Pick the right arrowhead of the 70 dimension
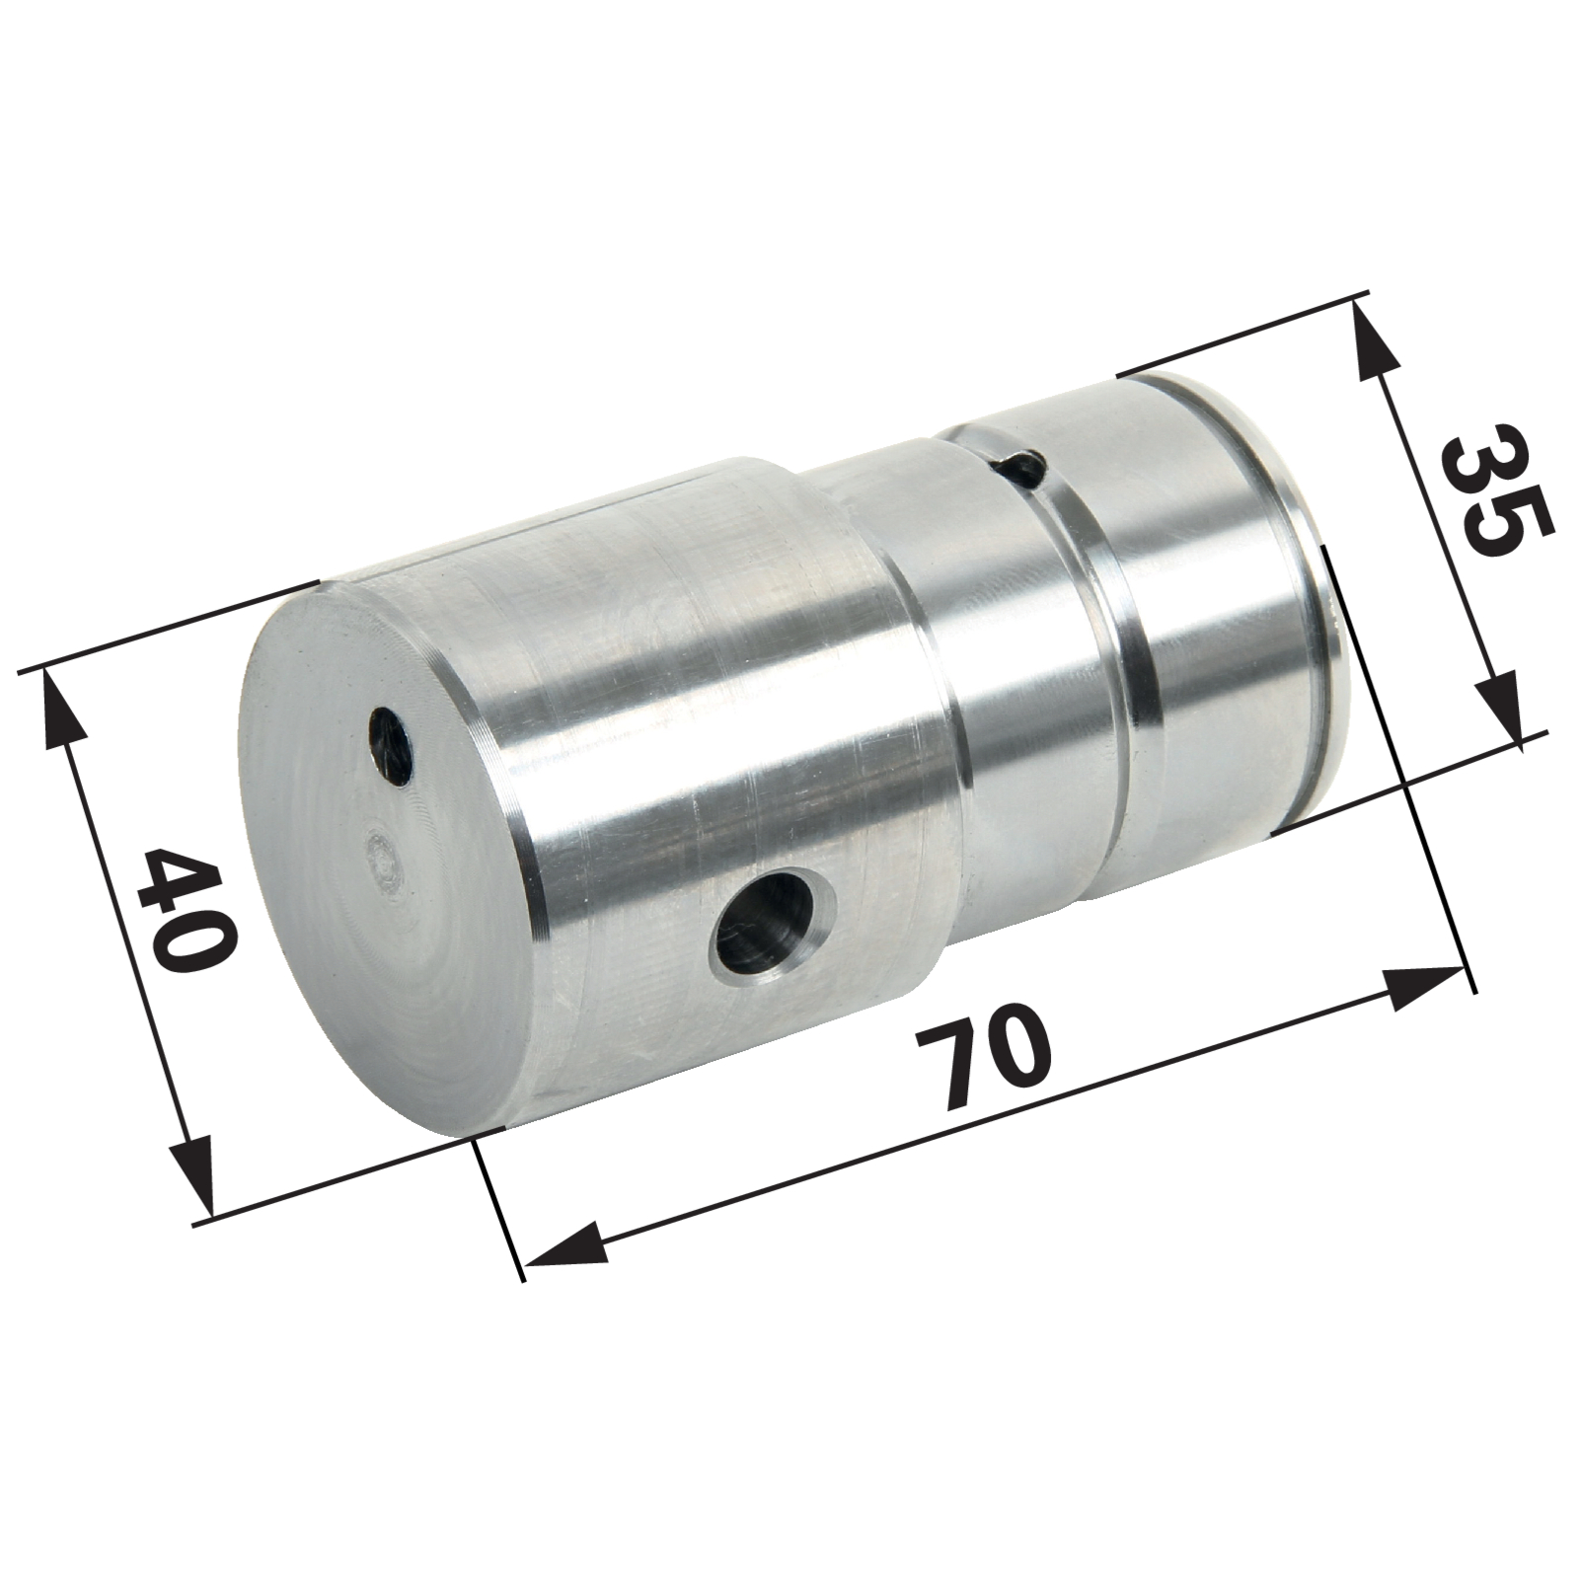(x=1421, y=987)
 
